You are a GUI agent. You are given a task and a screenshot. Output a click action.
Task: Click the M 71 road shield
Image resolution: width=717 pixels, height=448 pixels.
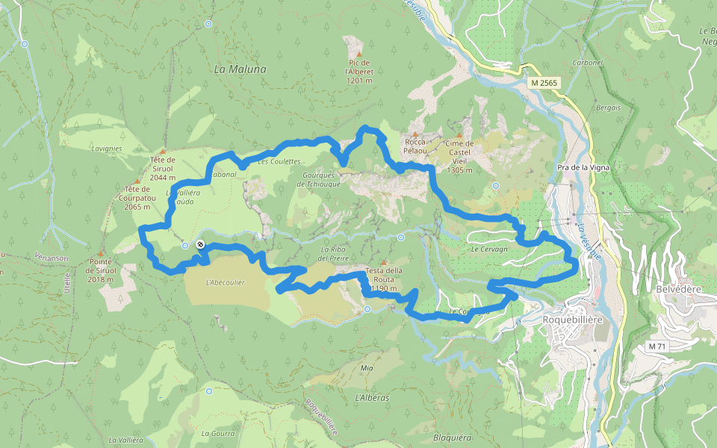(657, 346)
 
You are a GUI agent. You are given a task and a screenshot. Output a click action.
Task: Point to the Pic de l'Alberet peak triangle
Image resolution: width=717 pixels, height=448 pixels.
(359, 55)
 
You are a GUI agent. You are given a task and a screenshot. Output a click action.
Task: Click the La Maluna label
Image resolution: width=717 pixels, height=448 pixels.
(240, 69)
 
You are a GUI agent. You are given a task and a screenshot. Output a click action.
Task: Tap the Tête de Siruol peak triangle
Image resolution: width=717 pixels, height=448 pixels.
(162, 152)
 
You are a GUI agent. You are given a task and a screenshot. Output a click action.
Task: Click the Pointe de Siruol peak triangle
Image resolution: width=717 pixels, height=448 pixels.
(99, 254)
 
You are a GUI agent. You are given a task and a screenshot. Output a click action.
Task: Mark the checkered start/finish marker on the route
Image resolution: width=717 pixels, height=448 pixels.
(200, 244)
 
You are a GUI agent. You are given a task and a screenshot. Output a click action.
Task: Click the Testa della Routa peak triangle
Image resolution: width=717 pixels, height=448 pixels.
(384, 263)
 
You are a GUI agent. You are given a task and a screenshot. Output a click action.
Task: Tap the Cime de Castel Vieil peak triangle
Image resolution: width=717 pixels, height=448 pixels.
(459, 135)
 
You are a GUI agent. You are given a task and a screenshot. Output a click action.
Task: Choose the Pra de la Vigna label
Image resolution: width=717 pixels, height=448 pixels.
(583, 168)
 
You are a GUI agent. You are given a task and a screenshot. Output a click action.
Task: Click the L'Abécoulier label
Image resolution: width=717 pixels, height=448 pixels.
(225, 282)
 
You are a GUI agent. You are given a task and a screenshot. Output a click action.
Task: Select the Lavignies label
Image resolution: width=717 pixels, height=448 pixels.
(107, 149)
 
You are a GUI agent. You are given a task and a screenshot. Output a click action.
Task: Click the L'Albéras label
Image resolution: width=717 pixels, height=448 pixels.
(373, 398)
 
